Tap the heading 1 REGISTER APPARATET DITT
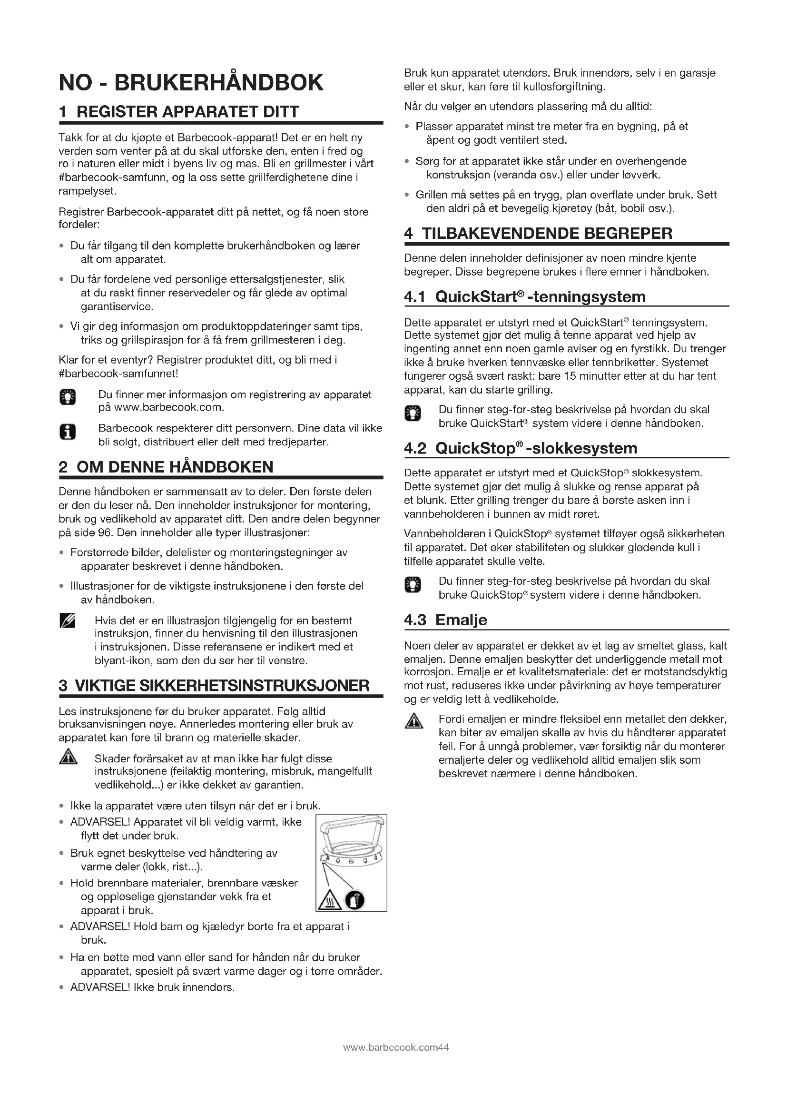pos(179,112)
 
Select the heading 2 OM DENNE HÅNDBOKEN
pos(166,467)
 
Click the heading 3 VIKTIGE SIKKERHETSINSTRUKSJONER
pos(214,685)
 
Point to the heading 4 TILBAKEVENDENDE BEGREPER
pos(538,234)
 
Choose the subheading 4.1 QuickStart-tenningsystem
pos(525,296)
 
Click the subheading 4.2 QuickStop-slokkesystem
pos(521,448)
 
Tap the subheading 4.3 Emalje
pos(445,620)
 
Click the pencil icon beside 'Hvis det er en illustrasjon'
pos(68,621)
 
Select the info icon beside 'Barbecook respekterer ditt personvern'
pos(68,432)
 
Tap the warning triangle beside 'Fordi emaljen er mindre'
pos(413,722)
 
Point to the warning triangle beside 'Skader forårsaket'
pos(68,757)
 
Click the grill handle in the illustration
pos(352,828)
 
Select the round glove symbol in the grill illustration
pos(355,901)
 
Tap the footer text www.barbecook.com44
pos(395,1047)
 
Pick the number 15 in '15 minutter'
pos(570,376)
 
